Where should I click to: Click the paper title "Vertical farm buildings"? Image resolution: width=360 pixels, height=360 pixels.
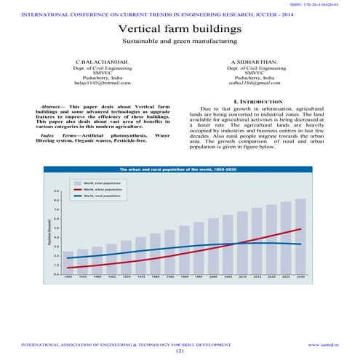click(x=180, y=29)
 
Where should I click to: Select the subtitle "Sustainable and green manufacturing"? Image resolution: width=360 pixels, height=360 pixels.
click(x=180, y=43)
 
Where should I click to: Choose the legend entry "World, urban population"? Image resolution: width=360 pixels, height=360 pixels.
click(x=101, y=188)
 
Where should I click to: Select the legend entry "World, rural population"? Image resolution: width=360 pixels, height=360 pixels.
click(x=101, y=196)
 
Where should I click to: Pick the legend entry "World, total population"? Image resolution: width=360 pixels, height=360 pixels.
click(x=101, y=182)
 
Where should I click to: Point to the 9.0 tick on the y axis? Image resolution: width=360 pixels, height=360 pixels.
click(x=57, y=191)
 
